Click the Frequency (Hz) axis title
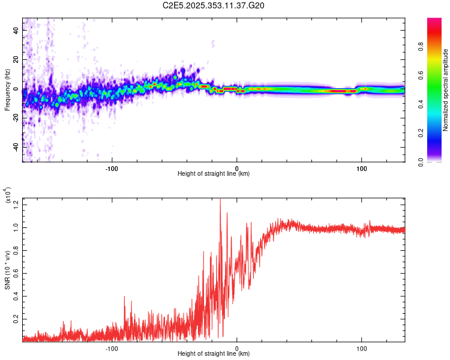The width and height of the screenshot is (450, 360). point(7,90)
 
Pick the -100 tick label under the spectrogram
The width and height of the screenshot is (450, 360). point(112,167)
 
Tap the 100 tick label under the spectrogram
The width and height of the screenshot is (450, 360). point(362,167)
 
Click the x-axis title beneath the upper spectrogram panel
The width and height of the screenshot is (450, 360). point(214,174)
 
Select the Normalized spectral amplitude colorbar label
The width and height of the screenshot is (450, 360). point(446,90)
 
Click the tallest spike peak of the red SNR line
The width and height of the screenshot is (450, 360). point(220,199)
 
